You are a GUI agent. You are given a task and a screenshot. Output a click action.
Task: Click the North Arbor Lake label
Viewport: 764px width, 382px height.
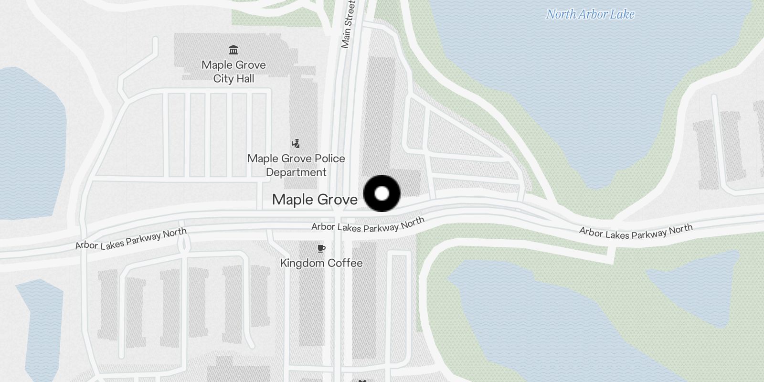[590, 14]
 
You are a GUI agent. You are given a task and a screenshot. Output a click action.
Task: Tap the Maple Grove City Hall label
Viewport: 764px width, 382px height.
[233, 72]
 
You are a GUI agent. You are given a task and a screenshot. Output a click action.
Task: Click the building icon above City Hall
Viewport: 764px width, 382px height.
[233, 50]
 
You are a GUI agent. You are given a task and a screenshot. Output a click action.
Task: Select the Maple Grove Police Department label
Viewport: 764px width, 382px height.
[296, 165]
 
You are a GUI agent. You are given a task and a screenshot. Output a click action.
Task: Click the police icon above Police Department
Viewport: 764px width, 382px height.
[296, 143]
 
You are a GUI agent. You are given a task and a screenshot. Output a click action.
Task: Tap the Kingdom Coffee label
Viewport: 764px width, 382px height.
[321, 263]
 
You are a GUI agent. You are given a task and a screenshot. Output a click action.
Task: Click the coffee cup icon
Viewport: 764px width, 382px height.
[321, 248]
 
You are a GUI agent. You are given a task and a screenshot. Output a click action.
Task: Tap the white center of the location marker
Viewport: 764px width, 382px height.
[382, 193]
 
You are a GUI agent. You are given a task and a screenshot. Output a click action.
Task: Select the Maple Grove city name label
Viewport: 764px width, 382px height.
[315, 200]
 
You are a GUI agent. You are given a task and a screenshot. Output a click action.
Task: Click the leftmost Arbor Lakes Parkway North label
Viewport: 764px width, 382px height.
[131, 239]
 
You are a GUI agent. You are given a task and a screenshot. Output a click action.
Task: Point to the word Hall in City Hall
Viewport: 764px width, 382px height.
[245, 79]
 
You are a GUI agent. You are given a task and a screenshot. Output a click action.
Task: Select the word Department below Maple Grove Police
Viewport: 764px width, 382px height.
[296, 172]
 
